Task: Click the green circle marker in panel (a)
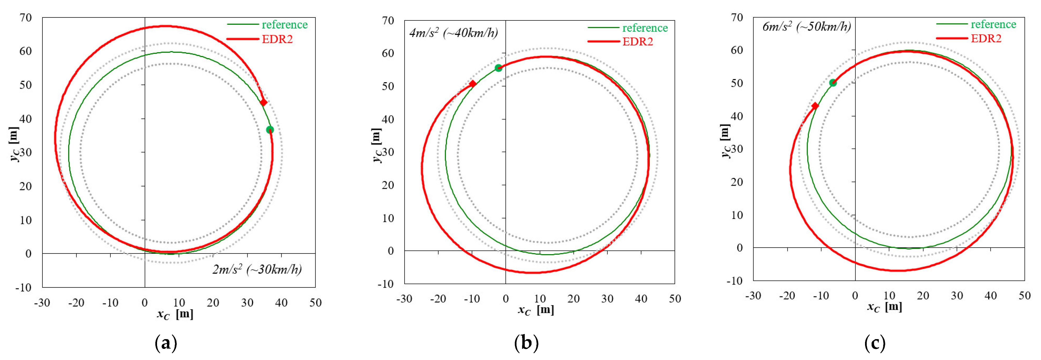click(270, 130)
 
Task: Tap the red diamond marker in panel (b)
click(472, 84)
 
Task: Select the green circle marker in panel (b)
click(498, 68)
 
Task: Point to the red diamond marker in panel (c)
click(815, 106)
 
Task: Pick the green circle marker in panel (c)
click(833, 83)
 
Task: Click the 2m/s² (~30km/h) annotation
click(257, 269)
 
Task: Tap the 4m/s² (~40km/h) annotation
click(453, 33)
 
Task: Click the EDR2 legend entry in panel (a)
click(277, 39)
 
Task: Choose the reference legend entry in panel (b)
click(645, 28)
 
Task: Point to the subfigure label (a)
click(166, 343)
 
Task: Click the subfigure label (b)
click(526, 343)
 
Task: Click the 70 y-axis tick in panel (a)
click(25, 17)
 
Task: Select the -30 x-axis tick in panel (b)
click(404, 299)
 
